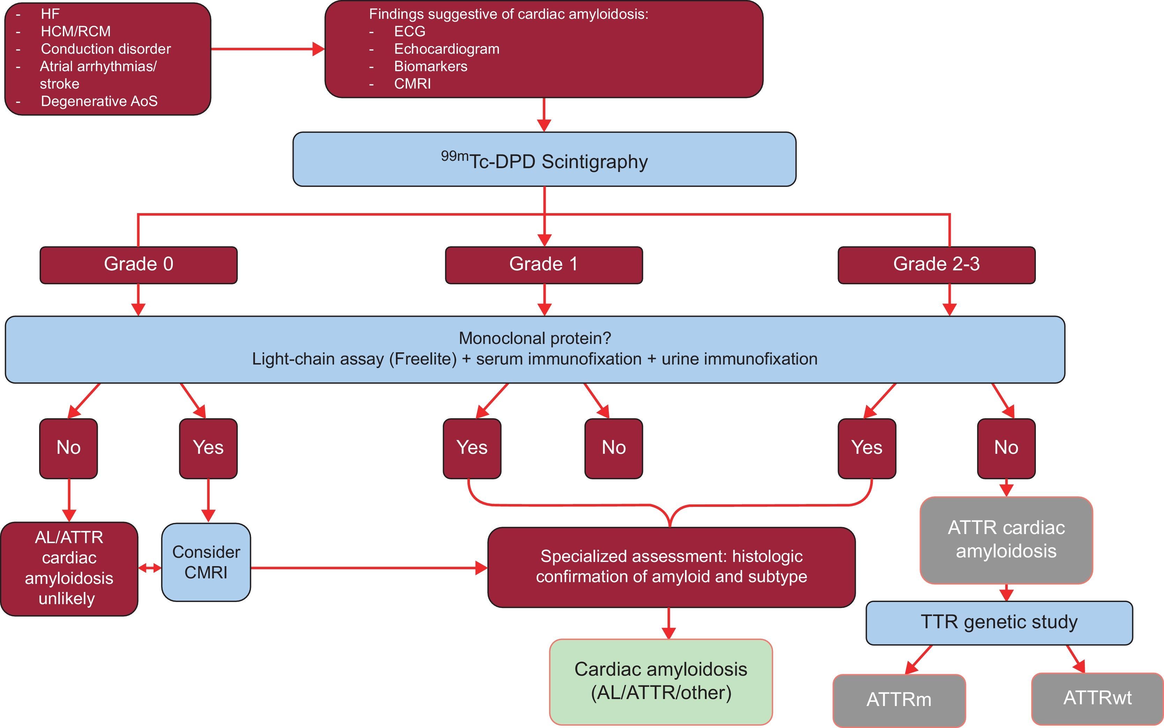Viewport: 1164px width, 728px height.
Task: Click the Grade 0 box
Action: tap(138, 265)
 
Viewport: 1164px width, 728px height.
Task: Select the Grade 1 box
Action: tap(544, 265)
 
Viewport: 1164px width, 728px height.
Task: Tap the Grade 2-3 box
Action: tap(936, 265)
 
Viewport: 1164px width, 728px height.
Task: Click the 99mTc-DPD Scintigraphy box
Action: tap(544, 159)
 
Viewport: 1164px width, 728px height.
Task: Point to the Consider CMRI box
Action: tap(206, 562)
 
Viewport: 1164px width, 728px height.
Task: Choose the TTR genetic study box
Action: tap(999, 623)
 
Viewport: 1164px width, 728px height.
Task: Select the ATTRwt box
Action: tap(1097, 698)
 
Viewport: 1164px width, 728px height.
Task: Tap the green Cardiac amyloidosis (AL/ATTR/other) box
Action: tap(661, 681)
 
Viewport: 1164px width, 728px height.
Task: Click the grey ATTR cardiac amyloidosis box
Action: tap(1006, 540)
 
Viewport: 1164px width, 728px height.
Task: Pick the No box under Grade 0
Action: tap(68, 448)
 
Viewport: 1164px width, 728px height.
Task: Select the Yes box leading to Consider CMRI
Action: tap(208, 448)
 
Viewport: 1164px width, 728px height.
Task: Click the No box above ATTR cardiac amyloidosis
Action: tap(1006, 448)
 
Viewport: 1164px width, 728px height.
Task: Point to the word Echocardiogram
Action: tap(446, 49)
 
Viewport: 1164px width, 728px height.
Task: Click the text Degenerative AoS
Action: tap(99, 101)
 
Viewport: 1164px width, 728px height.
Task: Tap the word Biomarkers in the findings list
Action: tap(430, 66)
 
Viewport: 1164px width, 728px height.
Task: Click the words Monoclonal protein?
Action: tap(535, 338)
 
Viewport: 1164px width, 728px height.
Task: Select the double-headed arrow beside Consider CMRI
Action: tap(150, 568)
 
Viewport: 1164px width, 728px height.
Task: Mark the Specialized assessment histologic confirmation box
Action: tap(671, 567)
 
